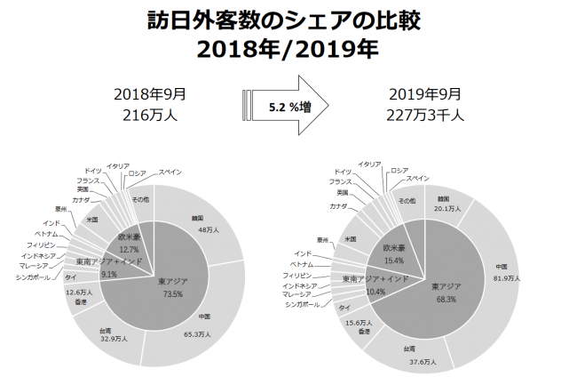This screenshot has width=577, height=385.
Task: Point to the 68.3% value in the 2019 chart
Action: [446, 299]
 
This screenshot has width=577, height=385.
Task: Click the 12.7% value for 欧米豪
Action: [130, 250]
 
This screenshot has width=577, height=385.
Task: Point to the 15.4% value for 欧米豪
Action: [395, 261]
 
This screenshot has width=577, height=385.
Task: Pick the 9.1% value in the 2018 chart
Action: [107, 274]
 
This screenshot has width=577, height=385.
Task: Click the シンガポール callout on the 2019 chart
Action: [303, 305]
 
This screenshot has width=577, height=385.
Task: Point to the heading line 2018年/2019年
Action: [288, 49]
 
